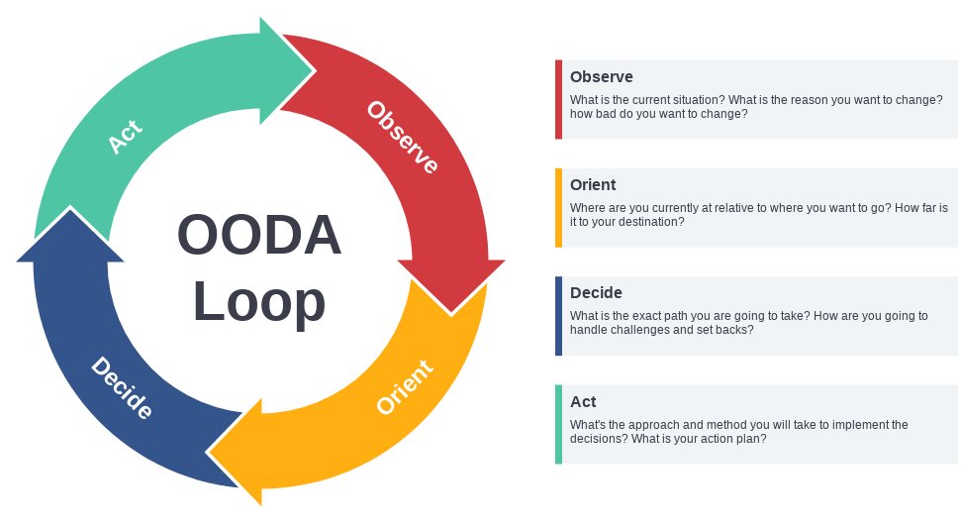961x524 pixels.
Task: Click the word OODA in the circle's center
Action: pos(259,237)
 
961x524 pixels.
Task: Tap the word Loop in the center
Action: pos(259,301)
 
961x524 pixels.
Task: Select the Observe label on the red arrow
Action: pos(403,137)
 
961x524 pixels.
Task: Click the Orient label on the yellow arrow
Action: pos(405,387)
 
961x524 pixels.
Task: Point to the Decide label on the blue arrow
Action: pos(122,387)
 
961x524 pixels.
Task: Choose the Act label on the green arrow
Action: pos(125,137)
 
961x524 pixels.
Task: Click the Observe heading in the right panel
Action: pos(601,76)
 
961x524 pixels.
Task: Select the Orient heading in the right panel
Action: pos(593,184)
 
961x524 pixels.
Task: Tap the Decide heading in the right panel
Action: pos(596,292)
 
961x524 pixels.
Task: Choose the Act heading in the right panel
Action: pos(583,401)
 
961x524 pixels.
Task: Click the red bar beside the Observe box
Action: pos(558,99)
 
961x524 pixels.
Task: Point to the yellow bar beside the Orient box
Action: pos(558,207)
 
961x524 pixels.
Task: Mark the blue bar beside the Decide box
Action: pos(558,316)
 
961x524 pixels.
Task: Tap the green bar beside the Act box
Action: pos(558,424)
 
